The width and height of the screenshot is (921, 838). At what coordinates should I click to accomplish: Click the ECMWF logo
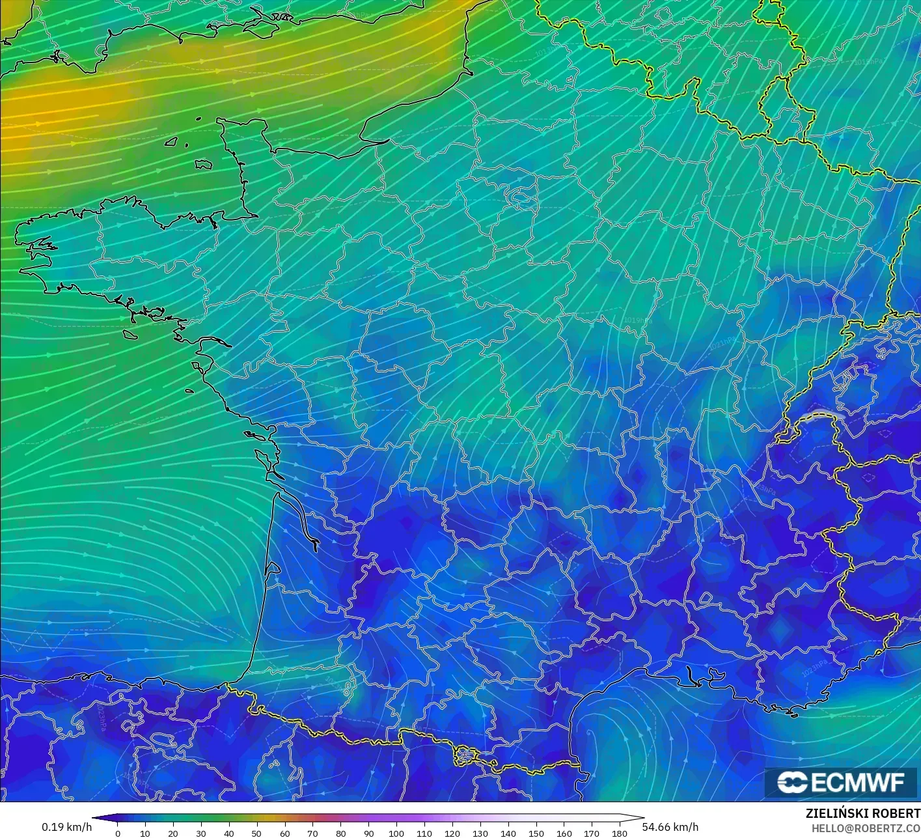pos(842,782)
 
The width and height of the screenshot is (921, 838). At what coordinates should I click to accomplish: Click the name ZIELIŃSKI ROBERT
pos(862,813)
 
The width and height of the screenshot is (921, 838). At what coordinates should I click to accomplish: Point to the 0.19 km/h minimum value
pos(66,827)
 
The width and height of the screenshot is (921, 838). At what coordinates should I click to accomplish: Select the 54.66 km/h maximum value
pos(670,827)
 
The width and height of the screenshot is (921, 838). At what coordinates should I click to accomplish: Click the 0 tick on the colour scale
pos(117,833)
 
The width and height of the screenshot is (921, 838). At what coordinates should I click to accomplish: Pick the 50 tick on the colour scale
pos(256,833)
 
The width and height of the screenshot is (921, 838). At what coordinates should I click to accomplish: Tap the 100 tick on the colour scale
pos(396,833)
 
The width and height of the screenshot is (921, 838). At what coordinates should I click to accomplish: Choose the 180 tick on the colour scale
pos(620,833)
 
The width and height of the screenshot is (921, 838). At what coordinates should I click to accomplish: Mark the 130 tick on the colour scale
pos(480,833)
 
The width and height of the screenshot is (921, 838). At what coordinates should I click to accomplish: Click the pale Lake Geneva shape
pos(821,415)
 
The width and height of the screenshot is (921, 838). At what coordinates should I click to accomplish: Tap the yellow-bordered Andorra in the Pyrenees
pos(467,755)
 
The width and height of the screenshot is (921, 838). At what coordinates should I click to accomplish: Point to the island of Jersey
pos(204,165)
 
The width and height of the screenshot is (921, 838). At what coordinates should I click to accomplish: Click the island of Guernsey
pos(172,141)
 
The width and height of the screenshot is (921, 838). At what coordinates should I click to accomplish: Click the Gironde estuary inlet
pos(296,514)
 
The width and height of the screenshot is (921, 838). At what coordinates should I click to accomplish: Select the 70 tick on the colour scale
pos(312,833)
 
